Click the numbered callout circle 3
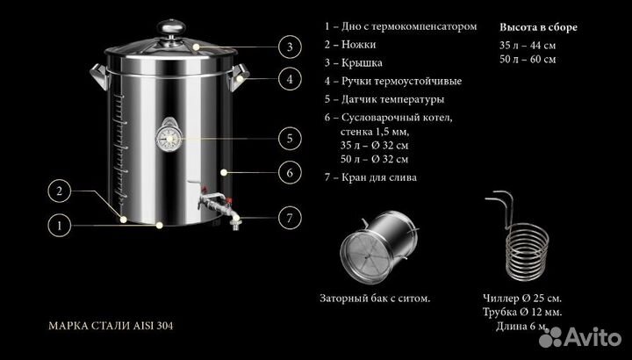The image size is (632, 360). (x=287, y=47)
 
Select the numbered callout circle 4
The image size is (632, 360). (x=287, y=79)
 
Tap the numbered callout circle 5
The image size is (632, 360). (x=287, y=137)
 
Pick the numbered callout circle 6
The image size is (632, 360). (x=287, y=171)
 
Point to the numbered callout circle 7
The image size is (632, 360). (x=287, y=217)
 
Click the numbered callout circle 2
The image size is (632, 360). (x=59, y=191)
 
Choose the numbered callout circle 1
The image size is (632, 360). (x=59, y=225)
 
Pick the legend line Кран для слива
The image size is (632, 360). (x=370, y=176)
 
